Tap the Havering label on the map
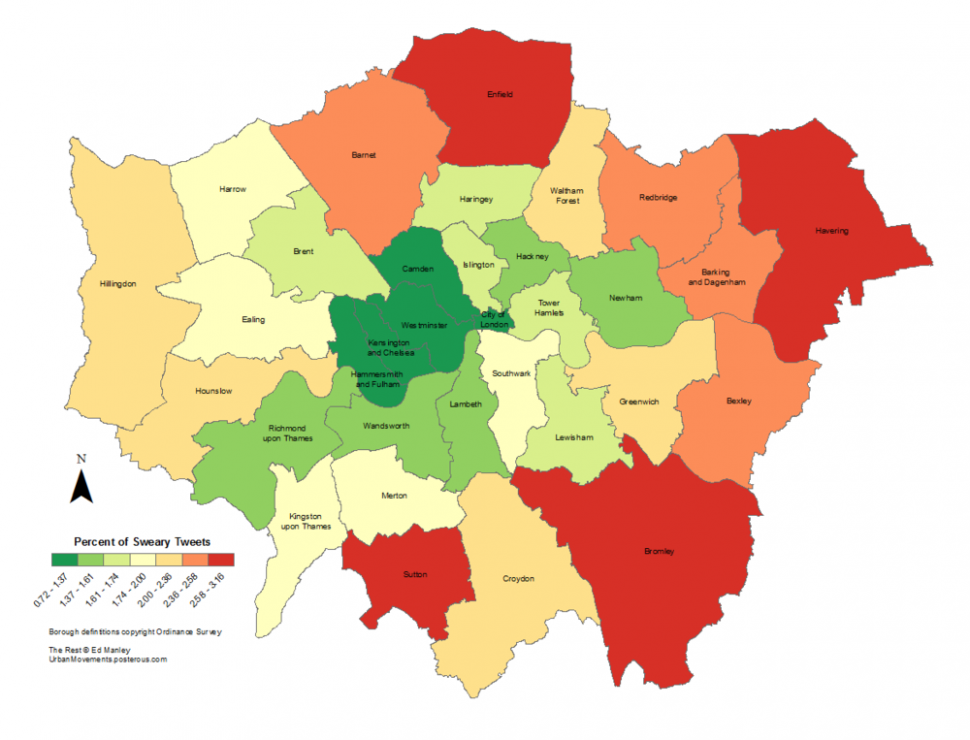coord(831,231)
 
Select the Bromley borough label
coord(659,551)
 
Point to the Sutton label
coord(415,575)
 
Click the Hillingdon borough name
coord(117,284)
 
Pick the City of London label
coord(494,319)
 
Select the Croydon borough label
coord(519,579)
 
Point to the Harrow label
coord(232,188)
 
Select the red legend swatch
coord(221,560)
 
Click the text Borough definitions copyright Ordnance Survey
coord(135,632)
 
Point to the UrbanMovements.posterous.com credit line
coord(107,660)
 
